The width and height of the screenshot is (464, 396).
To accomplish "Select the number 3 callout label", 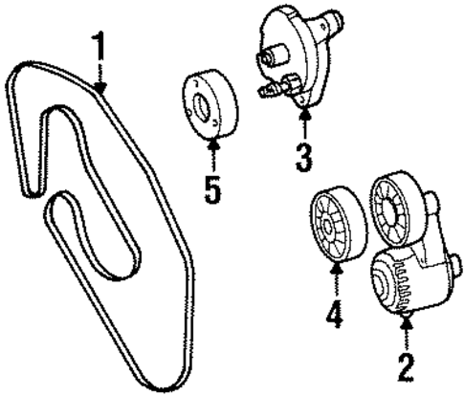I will (304, 157).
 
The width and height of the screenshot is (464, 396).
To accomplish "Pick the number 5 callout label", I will (212, 186).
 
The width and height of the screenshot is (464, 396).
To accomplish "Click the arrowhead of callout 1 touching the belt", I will (100, 88).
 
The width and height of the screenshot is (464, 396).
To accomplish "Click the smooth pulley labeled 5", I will (209, 103).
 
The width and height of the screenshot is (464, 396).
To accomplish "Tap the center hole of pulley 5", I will (202, 105).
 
